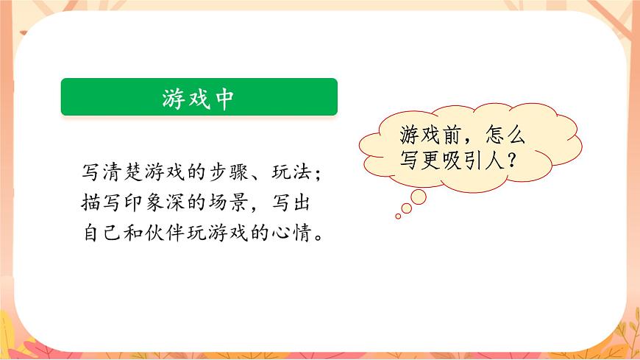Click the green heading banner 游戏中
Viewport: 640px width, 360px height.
tap(199, 97)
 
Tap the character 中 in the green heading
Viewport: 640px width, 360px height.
tap(225, 98)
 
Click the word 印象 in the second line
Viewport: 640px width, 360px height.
tap(152, 202)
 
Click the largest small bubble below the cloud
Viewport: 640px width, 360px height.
tap(419, 197)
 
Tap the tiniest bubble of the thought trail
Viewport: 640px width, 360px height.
tap(399, 216)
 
